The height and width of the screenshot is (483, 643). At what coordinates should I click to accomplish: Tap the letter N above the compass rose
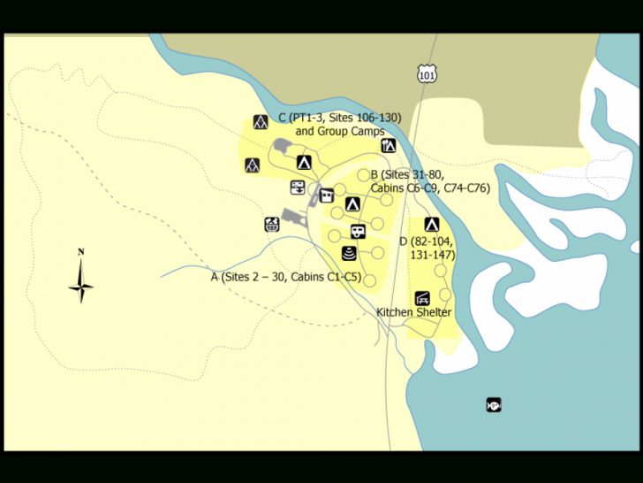[x=81, y=252]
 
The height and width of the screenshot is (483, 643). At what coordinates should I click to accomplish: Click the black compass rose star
[x=81, y=287]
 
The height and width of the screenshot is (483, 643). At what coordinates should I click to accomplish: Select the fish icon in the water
[x=494, y=405]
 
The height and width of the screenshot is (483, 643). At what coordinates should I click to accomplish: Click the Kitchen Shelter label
[x=413, y=312]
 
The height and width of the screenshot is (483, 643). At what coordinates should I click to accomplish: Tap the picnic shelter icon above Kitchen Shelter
[x=422, y=297]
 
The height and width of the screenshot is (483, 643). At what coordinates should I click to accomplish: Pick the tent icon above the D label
[x=432, y=224]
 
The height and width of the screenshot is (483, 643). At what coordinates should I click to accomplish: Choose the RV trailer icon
[x=357, y=232]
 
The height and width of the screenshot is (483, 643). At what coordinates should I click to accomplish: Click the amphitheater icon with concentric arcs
[x=349, y=254]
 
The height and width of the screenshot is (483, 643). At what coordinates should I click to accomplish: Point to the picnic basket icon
[x=271, y=224]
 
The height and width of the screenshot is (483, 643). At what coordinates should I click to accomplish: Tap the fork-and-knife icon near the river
[x=389, y=145]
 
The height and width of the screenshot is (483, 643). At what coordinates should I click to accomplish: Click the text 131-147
[x=433, y=255]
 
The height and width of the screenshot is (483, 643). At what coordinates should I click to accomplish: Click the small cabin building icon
[x=327, y=195]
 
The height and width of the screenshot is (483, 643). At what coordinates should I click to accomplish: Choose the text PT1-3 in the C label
[x=308, y=118]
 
